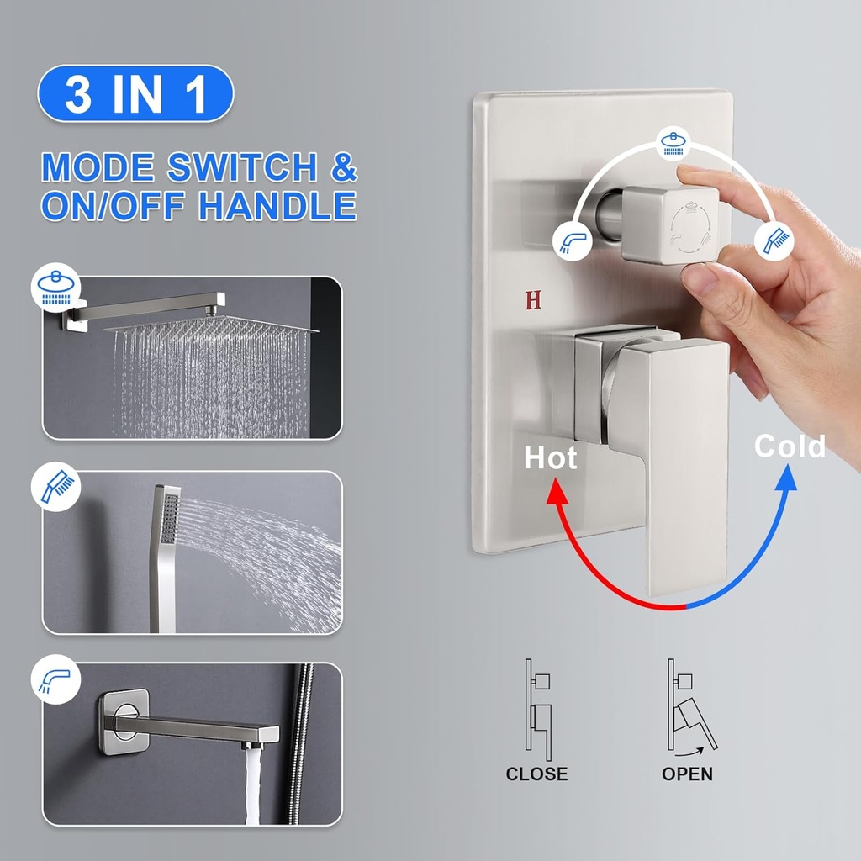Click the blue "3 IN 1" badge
[x=135, y=94]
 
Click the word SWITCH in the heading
[x=242, y=168]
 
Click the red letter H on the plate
[x=533, y=300]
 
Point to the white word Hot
[x=551, y=458]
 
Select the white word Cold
[x=790, y=446]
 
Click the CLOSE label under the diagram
[x=536, y=774]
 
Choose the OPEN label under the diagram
[x=687, y=774]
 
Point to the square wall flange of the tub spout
[x=123, y=721]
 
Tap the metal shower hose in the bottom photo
[x=299, y=740]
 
